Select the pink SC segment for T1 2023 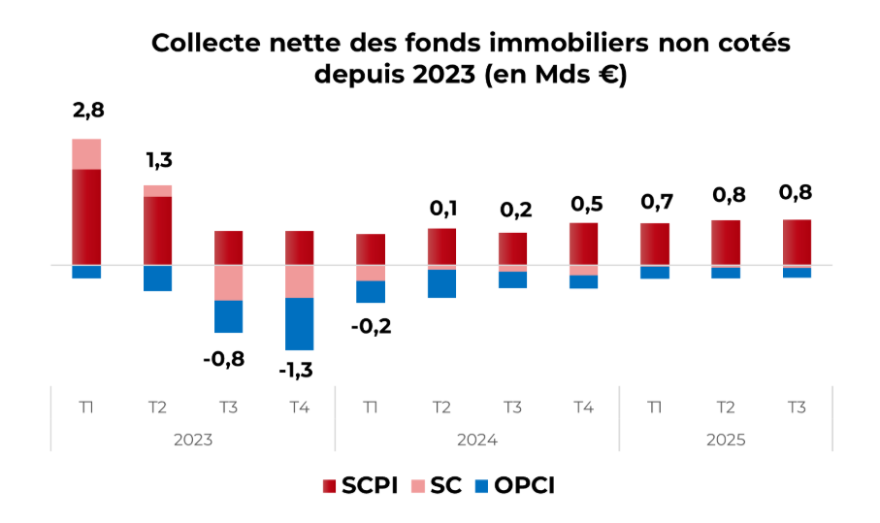coord(86,154)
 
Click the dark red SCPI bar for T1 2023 coord(86,216)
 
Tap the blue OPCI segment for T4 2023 coord(300,323)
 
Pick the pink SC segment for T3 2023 coord(229,282)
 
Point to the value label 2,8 coord(87,110)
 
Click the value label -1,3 coord(296,370)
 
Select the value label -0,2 coord(371,326)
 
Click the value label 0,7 coord(656,202)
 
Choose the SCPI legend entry coord(359,485)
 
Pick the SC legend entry coord(439,485)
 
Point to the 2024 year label coord(477,440)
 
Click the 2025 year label coord(726,440)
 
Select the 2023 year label coord(193,440)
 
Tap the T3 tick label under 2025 coord(797,408)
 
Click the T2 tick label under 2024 coord(441,408)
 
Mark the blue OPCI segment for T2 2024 coord(441,283)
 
